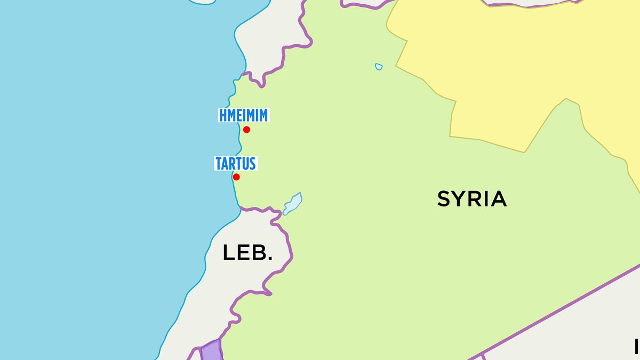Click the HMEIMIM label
click(x=243, y=115)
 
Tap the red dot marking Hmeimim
click(x=246, y=130)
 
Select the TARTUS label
click(x=236, y=163)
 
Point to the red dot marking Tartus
click(x=236, y=177)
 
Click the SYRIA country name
click(x=471, y=199)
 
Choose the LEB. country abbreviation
click(x=247, y=253)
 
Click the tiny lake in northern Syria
click(x=379, y=67)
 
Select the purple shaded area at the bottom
click(x=211, y=350)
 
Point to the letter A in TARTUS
click(x=226, y=163)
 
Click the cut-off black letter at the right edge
click(x=637, y=346)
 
